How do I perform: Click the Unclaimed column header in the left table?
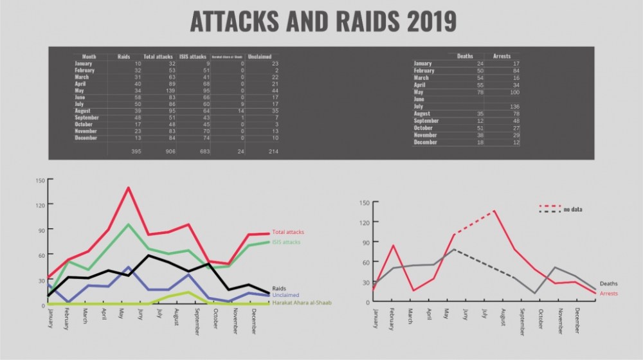pos(260,57)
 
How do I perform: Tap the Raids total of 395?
pos(135,151)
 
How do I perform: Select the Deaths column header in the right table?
pos(464,57)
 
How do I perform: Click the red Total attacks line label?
pos(288,232)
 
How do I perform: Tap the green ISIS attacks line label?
pos(286,242)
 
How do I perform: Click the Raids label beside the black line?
pos(280,289)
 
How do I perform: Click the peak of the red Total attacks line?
pos(129,188)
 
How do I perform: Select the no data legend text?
pos(573,210)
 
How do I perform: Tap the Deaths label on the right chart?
pos(608,283)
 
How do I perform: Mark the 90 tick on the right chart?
pos(365,242)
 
